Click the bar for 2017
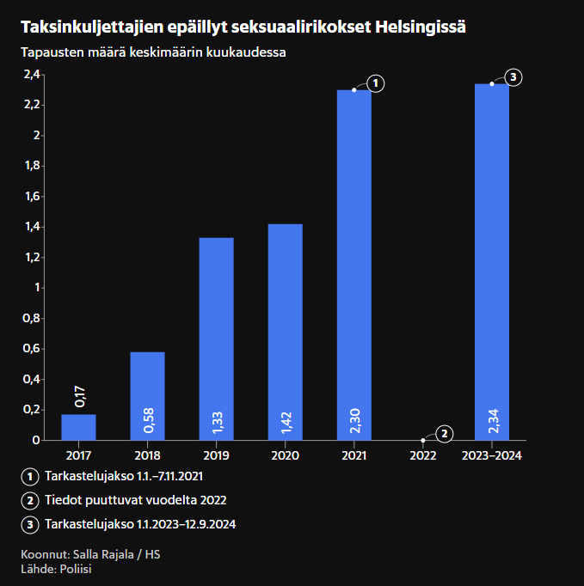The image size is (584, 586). point(78,427)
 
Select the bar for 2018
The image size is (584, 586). point(147,396)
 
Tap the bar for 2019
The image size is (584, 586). point(216,339)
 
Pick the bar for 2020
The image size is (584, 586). point(285,332)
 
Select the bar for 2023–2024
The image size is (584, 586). point(491,262)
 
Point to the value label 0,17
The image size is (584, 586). point(80,396)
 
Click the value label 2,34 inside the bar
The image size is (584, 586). point(492,420)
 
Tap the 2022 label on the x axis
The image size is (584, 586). point(422,455)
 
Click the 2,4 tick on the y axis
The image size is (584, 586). point(32,75)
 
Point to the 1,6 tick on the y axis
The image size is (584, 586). point(32,197)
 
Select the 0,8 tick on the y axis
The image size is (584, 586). point(32,319)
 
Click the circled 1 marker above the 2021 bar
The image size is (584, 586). point(375,83)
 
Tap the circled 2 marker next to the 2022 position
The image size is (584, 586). point(444,434)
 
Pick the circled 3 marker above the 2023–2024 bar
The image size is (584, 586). point(513,77)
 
